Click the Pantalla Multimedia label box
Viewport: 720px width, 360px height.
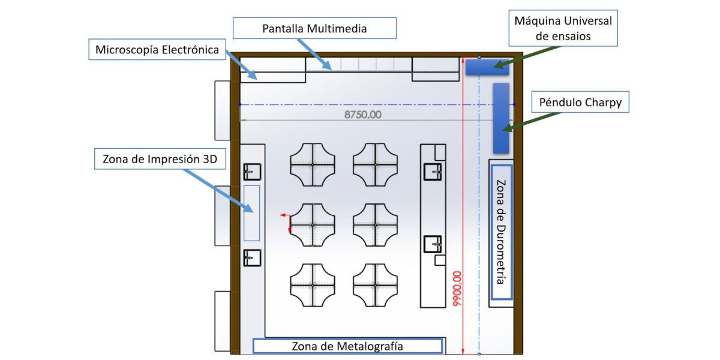(314, 28)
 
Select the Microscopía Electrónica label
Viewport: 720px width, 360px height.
(157, 49)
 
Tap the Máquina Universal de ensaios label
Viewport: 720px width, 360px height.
(563, 28)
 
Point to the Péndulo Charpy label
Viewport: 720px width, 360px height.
(580, 102)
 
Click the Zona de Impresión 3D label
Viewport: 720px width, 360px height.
(160, 159)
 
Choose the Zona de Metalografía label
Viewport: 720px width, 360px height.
(347, 346)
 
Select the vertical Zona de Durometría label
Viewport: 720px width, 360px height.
(501, 232)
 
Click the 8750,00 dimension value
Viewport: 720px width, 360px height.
(363, 115)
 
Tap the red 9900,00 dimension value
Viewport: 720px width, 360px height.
(457, 289)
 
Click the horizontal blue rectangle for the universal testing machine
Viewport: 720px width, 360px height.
(487, 67)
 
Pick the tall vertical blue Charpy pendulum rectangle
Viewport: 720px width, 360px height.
(501, 118)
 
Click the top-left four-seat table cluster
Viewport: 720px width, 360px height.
(313, 165)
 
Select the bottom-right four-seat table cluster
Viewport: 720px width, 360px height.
(375, 285)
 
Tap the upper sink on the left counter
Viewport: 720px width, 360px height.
(252, 172)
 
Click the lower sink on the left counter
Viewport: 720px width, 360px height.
(252, 258)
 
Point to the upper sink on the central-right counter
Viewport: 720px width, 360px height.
(433, 172)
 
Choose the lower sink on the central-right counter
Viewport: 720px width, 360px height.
(433, 244)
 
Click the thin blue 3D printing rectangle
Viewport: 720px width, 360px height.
(251, 213)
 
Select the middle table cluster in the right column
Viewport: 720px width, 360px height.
(375, 225)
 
